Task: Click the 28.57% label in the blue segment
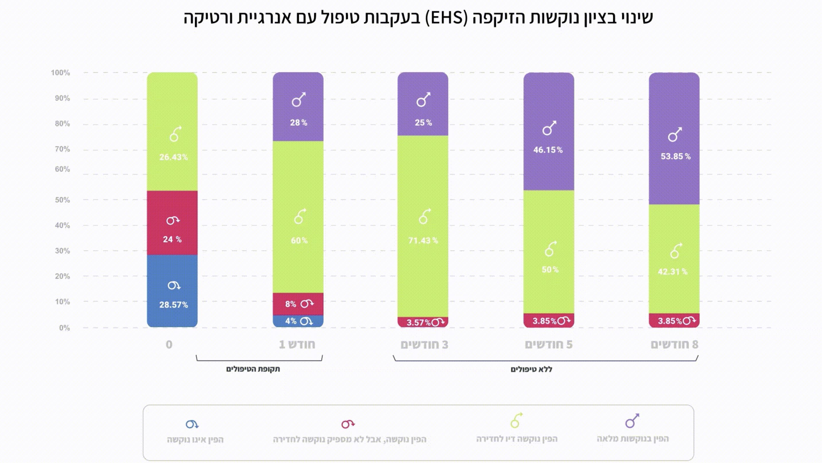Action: [x=174, y=305]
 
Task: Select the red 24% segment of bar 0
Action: [x=172, y=222]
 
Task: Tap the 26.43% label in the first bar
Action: [x=174, y=157]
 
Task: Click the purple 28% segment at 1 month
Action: [x=298, y=107]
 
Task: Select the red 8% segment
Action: [x=298, y=304]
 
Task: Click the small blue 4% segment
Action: [x=298, y=321]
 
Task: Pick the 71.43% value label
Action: [x=423, y=241]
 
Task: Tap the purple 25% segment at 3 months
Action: [x=422, y=104]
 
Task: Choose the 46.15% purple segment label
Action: [x=548, y=150]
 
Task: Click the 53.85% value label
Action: [x=675, y=156]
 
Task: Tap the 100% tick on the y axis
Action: [x=60, y=73]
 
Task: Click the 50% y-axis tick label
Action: [x=62, y=200]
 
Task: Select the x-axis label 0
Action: [x=169, y=344]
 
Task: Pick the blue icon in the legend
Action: [x=192, y=424]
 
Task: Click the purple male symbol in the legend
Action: [x=632, y=421]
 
